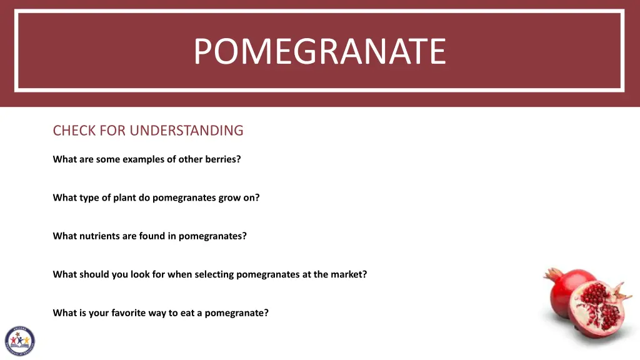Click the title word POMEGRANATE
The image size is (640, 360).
(319, 51)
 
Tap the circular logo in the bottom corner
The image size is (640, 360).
(19, 341)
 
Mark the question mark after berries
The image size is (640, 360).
(239, 159)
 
